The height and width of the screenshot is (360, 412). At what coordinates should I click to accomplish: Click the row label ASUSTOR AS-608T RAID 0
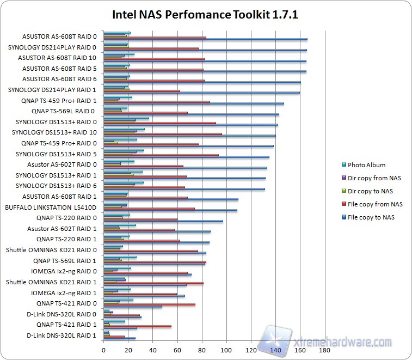point(59,36)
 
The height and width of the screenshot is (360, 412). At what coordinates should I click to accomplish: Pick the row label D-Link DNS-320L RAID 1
point(62,335)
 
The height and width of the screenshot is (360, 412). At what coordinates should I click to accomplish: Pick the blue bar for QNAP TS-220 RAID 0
point(163,221)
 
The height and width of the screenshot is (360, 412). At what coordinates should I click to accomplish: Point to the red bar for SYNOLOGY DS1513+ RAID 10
point(163,133)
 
